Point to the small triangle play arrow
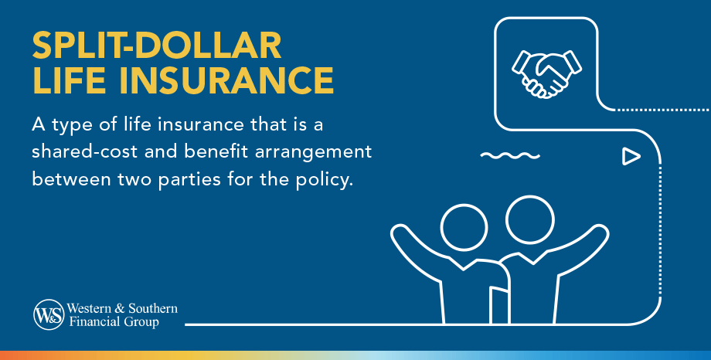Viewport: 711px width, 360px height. coord(631,157)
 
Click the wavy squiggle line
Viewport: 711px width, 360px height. coord(509,156)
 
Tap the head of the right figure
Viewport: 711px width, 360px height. coord(530,219)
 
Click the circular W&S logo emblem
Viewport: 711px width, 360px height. coord(47,314)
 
